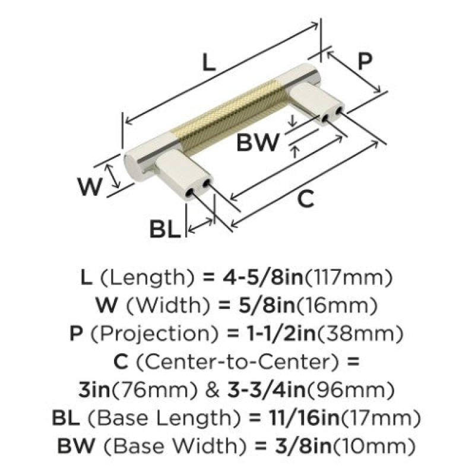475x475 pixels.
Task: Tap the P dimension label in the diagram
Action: [x=365, y=61]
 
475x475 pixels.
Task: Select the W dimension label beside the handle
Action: [x=90, y=186]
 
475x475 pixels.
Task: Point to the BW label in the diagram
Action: [x=257, y=142]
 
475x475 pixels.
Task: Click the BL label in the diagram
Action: [x=164, y=229]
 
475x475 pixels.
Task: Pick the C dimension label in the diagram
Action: [x=305, y=199]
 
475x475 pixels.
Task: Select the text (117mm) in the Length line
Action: [x=348, y=278]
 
